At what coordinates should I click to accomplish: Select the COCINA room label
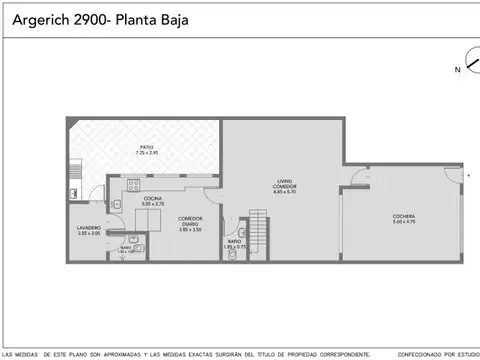click(x=152, y=199)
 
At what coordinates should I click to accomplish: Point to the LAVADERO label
click(x=88, y=227)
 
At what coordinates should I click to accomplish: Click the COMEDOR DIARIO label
click(x=190, y=219)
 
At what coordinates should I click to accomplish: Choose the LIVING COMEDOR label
click(x=285, y=183)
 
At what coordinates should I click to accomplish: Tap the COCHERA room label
click(x=404, y=216)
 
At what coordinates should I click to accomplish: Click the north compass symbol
click(x=464, y=62)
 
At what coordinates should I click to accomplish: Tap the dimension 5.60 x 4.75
click(x=404, y=222)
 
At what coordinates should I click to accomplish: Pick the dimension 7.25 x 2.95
click(x=147, y=154)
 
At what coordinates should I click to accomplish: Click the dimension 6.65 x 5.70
click(x=285, y=191)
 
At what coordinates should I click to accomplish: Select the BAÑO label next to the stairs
click(x=233, y=240)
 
